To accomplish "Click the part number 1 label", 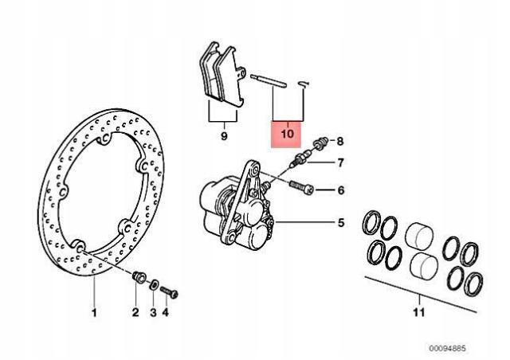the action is [x=93, y=312].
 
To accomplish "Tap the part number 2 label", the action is [x=135, y=312].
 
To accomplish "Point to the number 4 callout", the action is [x=166, y=312].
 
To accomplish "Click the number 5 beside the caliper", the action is [x=340, y=223].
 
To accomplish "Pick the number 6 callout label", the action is [x=340, y=190].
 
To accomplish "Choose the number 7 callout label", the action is [x=340, y=163].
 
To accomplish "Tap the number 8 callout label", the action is [x=340, y=142].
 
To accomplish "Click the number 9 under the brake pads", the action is [x=224, y=136].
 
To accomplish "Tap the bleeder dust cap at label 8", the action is [x=322, y=143].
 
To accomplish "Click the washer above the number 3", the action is [x=153, y=283].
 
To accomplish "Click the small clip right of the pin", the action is [x=304, y=84].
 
